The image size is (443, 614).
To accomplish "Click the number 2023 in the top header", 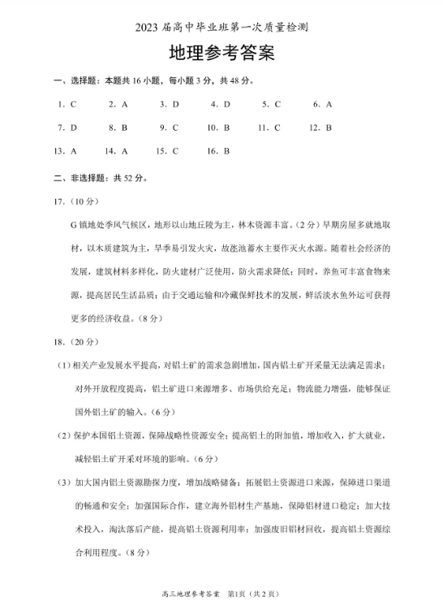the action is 151,27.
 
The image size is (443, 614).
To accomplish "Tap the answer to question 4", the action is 227,104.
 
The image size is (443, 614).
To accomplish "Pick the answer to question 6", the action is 329,104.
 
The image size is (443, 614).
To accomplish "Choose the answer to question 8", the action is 124,128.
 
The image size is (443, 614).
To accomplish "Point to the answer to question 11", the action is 277,128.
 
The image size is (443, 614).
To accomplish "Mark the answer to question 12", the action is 329,128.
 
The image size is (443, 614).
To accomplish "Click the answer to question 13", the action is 73,151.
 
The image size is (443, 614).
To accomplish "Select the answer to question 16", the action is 227,151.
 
